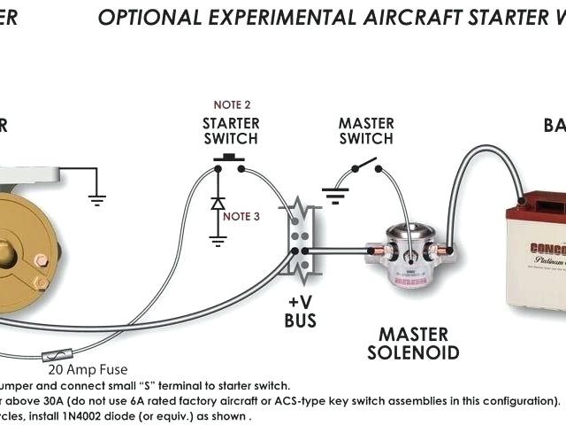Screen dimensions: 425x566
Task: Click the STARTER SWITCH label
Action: point(231,130)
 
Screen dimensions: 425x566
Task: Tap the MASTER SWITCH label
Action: point(365,130)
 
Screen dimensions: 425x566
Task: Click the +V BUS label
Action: point(300,312)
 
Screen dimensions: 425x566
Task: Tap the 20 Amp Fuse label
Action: point(89,369)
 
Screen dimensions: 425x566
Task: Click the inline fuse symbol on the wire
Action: point(51,358)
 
